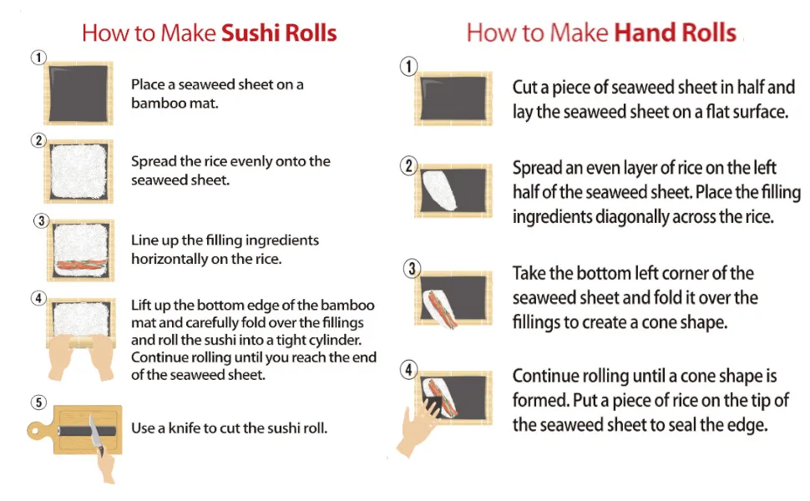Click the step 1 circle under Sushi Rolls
(38, 58)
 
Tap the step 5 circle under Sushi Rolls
(38, 402)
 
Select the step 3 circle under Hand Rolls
(412, 269)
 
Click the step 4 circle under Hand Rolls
(408, 370)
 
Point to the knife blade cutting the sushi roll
(95, 433)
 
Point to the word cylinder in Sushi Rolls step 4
(335, 341)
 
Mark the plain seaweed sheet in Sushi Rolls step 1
(78, 94)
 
